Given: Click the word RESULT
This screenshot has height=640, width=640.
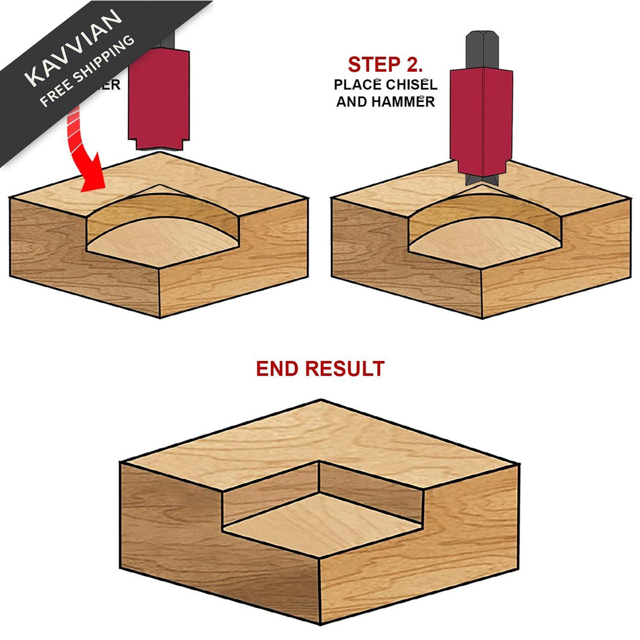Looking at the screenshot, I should [346, 369].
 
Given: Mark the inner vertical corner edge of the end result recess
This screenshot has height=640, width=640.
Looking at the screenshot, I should [319, 476].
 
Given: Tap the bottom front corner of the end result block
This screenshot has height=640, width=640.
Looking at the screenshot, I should [319, 624].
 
